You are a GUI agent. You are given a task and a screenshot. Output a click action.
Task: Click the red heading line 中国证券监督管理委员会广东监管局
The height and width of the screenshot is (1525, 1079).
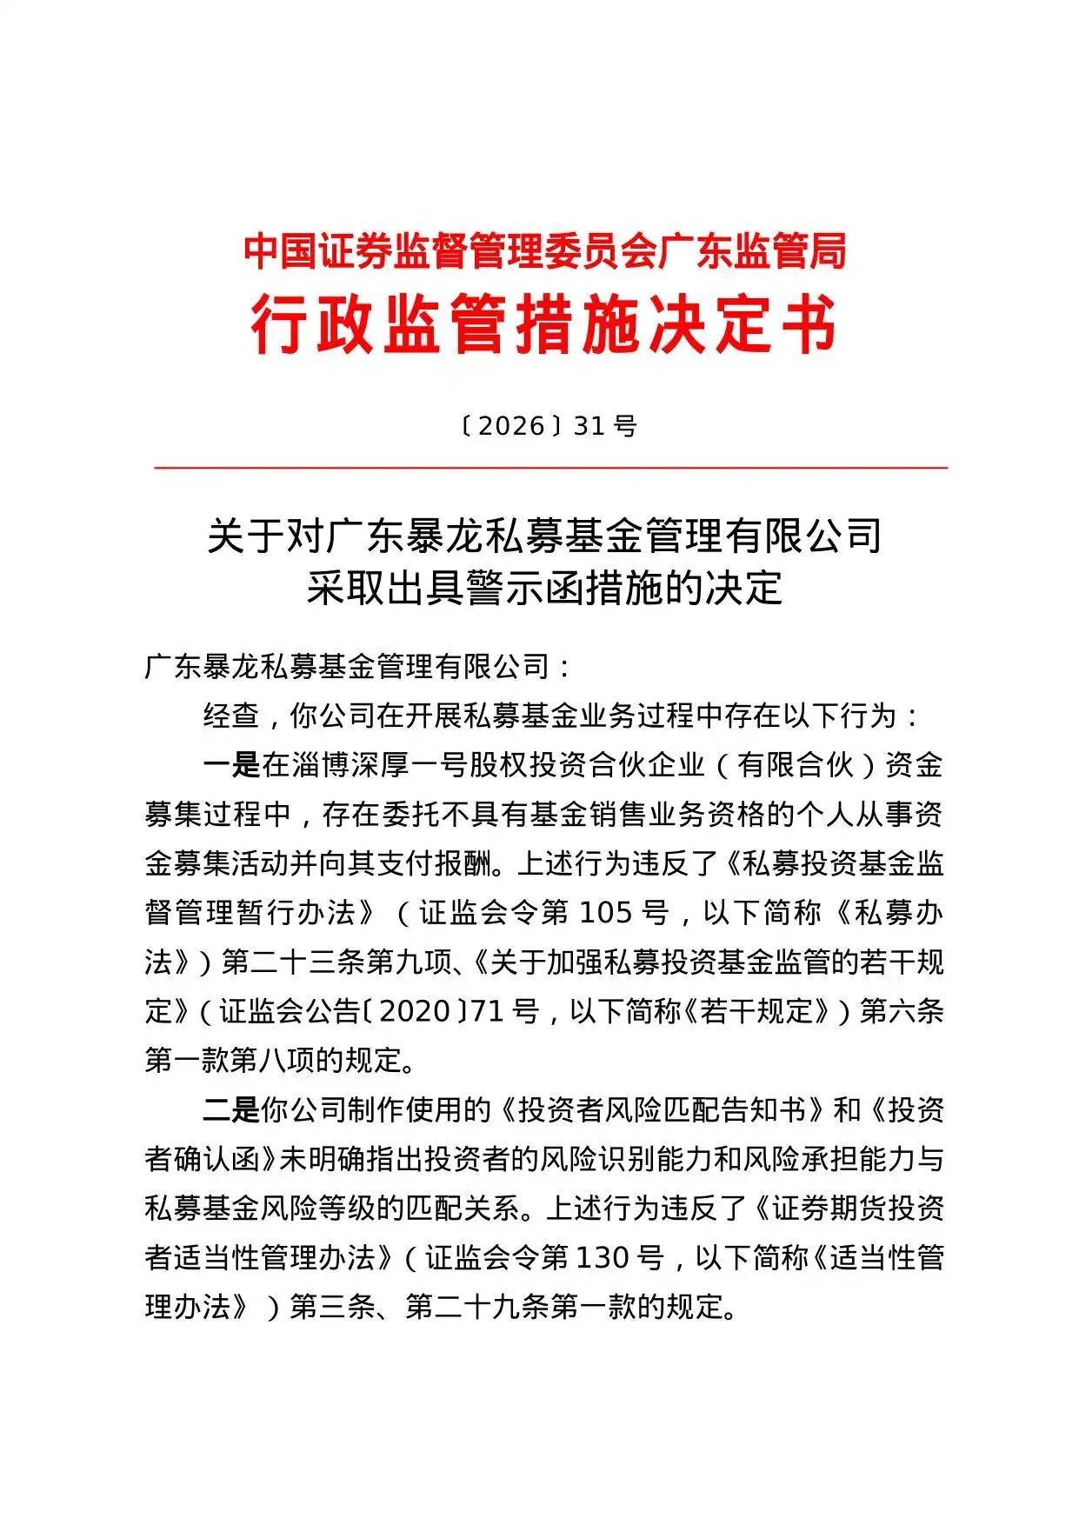(544, 252)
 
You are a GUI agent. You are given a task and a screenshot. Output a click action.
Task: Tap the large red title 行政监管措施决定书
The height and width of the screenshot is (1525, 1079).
(544, 325)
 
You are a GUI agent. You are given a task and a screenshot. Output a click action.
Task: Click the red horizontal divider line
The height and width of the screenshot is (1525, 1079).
(550, 468)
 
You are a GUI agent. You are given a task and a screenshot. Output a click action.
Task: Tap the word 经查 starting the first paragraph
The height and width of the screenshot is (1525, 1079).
(231, 716)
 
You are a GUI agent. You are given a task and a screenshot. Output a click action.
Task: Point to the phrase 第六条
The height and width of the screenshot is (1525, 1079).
(902, 1011)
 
